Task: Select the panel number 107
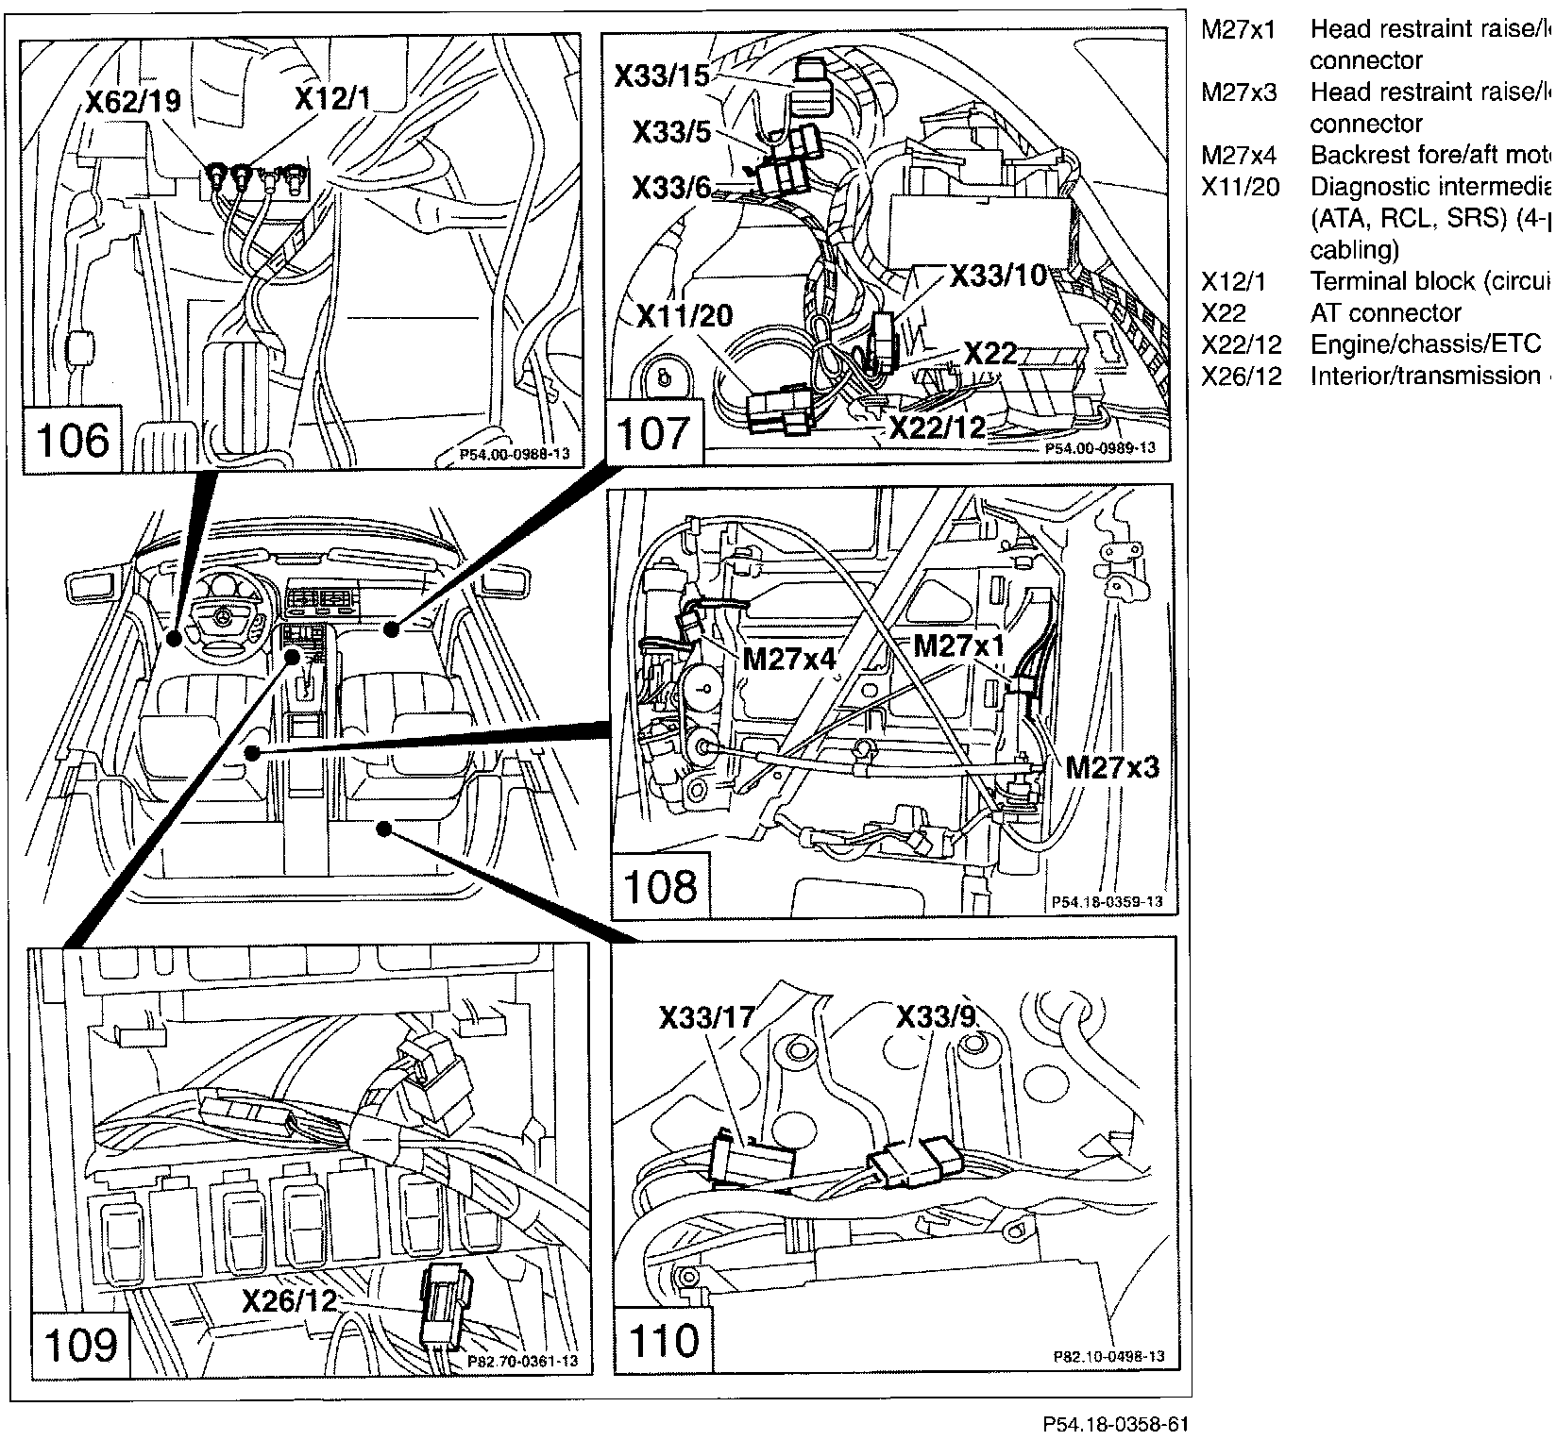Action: (x=653, y=433)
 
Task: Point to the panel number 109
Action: (x=81, y=1343)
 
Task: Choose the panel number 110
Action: (x=664, y=1341)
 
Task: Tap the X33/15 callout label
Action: (x=661, y=75)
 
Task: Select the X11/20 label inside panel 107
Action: (x=685, y=315)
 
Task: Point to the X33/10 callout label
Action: (x=999, y=276)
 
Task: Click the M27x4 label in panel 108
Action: (x=789, y=658)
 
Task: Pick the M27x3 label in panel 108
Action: (x=1111, y=768)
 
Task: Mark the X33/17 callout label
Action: (x=706, y=1017)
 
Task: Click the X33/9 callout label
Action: (x=935, y=1017)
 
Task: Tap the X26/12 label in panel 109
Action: (x=290, y=1302)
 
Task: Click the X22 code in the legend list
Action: (x=1223, y=313)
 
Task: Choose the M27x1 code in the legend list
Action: (x=1238, y=30)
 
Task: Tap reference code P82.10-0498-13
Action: (x=1108, y=1357)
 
